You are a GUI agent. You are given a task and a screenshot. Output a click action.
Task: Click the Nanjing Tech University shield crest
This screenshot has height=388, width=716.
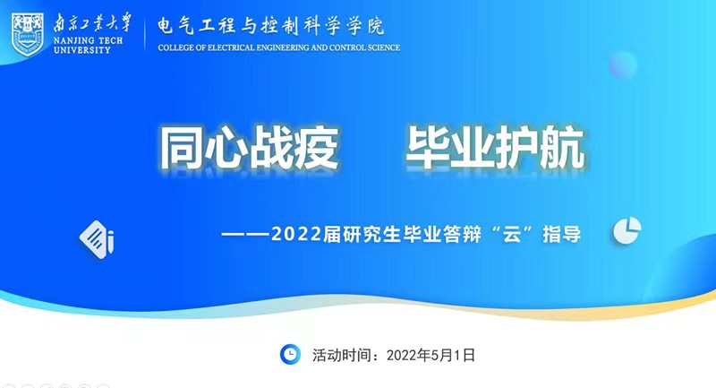tap(28, 34)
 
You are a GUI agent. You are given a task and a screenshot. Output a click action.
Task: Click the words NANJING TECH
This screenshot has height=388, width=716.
tap(88, 40)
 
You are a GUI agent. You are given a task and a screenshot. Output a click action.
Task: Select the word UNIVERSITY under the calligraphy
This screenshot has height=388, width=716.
tap(82, 50)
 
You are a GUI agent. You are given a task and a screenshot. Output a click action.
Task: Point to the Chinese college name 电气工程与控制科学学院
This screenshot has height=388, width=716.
tap(271, 26)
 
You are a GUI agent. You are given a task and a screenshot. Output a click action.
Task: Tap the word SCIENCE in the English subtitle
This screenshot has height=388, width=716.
tap(384, 47)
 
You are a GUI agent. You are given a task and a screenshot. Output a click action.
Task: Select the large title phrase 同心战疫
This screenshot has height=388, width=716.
tap(250, 148)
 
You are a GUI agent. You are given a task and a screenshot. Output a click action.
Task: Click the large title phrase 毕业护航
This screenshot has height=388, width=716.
tap(496, 148)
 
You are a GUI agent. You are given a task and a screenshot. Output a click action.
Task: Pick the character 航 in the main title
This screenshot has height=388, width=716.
tap(563, 148)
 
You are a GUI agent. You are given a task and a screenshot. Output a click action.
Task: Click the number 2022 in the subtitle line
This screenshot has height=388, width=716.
tap(296, 235)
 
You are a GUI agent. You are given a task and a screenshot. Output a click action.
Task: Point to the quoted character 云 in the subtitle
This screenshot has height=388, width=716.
tap(511, 235)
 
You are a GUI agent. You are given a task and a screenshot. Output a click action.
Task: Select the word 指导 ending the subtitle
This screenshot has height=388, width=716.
tap(562, 235)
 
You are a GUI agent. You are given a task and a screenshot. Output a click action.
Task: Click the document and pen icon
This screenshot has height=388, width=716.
tap(97, 239)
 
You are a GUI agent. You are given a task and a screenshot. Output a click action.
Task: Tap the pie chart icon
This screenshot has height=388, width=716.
tap(627, 230)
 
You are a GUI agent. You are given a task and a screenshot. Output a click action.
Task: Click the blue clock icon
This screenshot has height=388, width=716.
tap(290, 355)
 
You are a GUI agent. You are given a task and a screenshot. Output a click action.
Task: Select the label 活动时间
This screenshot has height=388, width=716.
tap(342, 355)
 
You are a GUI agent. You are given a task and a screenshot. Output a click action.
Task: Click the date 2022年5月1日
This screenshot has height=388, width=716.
tap(430, 355)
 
